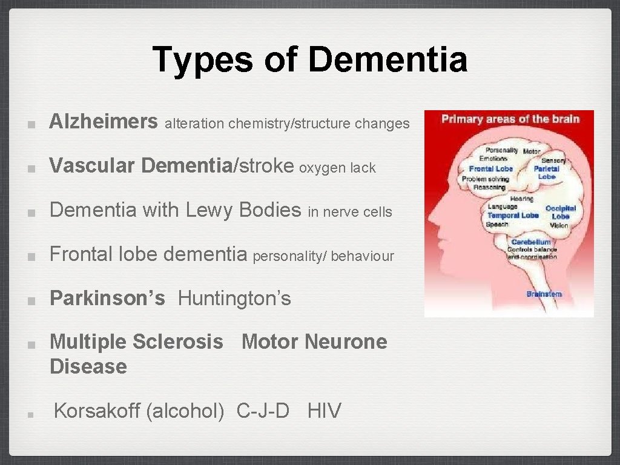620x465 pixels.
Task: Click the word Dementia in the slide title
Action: (x=387, y=60)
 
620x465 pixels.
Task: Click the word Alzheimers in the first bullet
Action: (x=104, y=122)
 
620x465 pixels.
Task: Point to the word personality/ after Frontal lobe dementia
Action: (x=289, y=256)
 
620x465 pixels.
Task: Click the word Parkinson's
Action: (x=107, y=298)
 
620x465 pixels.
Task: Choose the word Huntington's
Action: (x=234, y=298)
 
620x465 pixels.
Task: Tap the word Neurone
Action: (x=346, y=341)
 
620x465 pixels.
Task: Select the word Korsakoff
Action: (x=97, y=411)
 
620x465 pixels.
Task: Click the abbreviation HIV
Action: (x=325, y=411)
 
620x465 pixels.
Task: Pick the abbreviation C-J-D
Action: (x=263, y=411)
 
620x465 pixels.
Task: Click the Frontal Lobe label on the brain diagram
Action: (x=491, y=169)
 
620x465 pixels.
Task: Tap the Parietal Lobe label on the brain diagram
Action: (x=546, y=173)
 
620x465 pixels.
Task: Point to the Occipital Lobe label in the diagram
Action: (x=560, y=212)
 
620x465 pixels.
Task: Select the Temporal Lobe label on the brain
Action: (x=513, y=215)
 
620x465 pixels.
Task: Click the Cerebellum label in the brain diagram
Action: (x=531, y=242)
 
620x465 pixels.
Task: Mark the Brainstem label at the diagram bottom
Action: (x=544, y=294)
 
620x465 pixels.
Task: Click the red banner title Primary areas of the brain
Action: (x=510, y=119)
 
